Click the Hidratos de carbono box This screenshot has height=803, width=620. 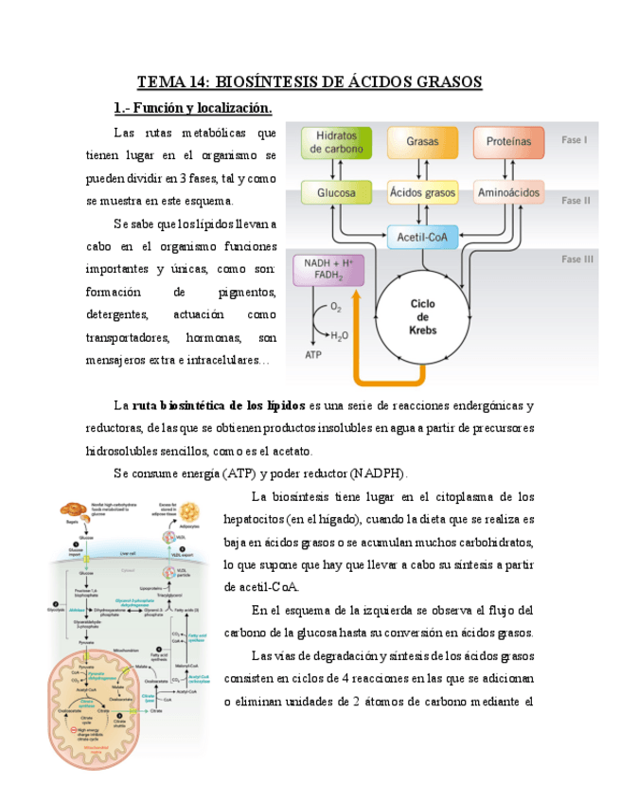332,142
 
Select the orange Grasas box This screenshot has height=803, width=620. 422,142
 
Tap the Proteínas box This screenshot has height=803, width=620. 509,142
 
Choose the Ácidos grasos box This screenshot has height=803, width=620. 422,193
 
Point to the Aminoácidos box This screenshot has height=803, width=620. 509,193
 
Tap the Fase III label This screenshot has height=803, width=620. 576,259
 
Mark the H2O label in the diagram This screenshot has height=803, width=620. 340,335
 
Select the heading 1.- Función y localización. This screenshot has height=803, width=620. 191,106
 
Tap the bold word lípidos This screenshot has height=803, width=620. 284,406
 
